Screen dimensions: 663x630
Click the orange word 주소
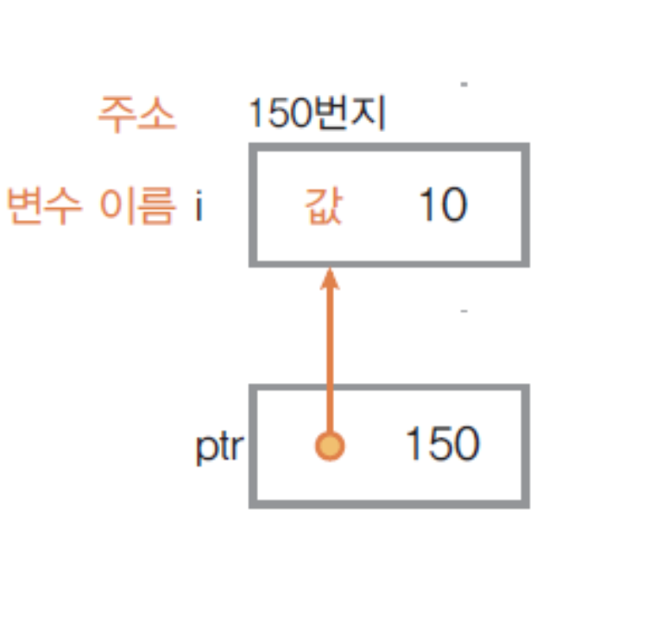click(x=136, y=115)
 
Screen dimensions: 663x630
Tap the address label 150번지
click(x=316, y=115)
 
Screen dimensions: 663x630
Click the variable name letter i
click(x=198, y=207)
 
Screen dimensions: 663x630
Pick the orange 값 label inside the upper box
click(x=324, y=208)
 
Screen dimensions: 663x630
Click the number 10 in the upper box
click(x=442, y=206)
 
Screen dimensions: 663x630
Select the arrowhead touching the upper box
click(x=328, y=281)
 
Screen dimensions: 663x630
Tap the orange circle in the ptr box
click(x=329, y=446)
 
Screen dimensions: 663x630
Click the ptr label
click(x=220, y=449)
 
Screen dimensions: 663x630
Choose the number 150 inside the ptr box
click(x=442, y=445)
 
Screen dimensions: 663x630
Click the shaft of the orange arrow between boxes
click(x=328, y=362)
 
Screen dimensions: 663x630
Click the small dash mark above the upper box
click(x=464, y=85)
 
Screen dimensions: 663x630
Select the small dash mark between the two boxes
click(x=464, y=310)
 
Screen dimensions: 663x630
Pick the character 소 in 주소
click(x=157, y=115)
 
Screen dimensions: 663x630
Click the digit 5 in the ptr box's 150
click(x=442, y=445)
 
